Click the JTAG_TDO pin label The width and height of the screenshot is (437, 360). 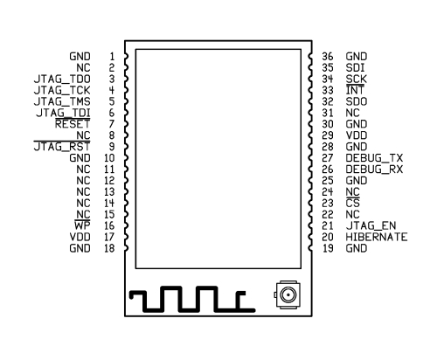(x=62, y=80)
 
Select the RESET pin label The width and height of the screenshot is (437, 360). (x=73, y=124)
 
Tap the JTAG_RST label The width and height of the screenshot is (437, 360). (x=62, y=147)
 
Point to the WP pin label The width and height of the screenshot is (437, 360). (x=82, y=225)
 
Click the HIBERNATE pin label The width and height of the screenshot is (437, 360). (x=377, y=237)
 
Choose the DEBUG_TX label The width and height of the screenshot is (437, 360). (x=374, y=158)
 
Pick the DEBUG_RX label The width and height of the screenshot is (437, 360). (x=374, y=170)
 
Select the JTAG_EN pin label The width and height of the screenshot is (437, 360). (x=371, y=225)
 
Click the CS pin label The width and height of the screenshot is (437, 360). (x=353, y=204)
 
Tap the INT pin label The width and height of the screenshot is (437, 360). (x=355, y=90)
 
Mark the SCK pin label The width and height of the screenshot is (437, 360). (x=357, y=80)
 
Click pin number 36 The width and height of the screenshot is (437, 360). (x=328, y=57)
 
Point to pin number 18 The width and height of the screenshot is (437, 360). (x=109, y=248)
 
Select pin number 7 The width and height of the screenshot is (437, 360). (x=112, y=124)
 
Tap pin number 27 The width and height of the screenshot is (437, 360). (x=328, y=158)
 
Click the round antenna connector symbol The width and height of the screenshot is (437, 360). (x=288, y=295)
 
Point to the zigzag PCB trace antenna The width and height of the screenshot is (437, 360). (x=192, y=299)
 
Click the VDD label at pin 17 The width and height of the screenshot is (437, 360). (x=80, y=237)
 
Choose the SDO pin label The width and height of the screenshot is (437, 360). (x=357, y=101)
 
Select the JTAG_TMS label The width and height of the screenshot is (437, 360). (x=62, y=101)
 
